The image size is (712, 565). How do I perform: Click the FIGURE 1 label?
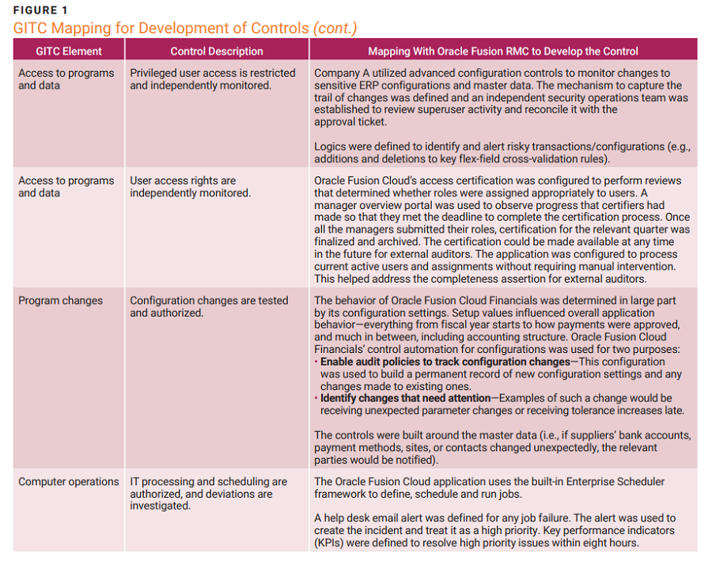tap(40, 10)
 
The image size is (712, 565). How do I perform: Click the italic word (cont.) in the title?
tap(335, 28)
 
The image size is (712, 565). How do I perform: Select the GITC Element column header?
tap(69, 51)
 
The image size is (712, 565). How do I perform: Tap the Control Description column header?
tap(217, 51)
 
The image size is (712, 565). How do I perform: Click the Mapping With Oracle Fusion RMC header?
tap(503, 51)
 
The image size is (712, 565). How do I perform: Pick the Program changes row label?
tap(60, 301)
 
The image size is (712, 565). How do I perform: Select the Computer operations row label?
tap(70, 481)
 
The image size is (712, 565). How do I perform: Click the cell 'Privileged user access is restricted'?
tap(212, 74)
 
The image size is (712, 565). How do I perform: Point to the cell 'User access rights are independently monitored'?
tap(190, 187)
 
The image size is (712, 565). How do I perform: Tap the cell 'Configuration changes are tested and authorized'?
tap(209, 306)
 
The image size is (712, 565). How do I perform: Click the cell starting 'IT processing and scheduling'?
tap(208, 493)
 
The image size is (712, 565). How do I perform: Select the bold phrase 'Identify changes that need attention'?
tap(404, 398)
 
